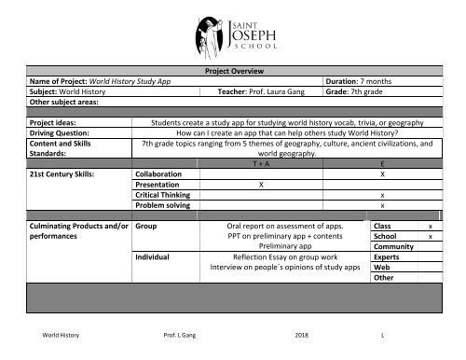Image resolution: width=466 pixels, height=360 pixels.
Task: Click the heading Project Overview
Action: click(233, 70)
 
